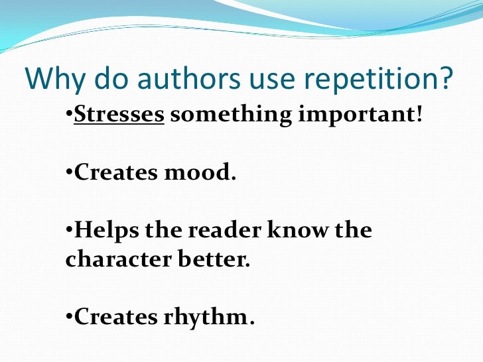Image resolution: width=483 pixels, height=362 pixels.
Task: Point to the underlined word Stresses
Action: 119,115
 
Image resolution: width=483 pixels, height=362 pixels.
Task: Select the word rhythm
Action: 204,318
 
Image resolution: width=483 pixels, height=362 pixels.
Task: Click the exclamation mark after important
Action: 419,115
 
